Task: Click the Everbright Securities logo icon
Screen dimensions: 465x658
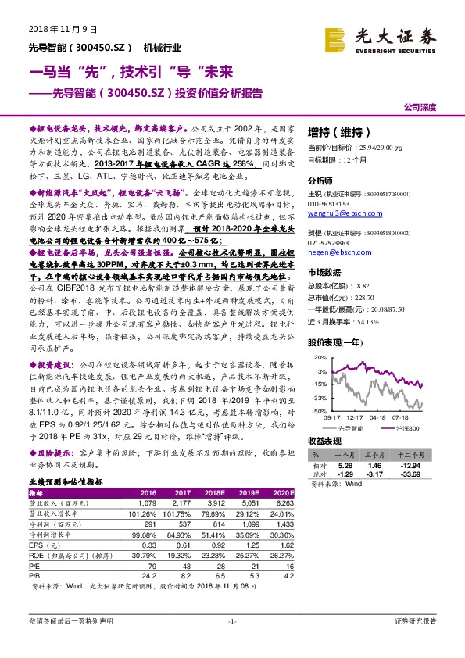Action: coord(337,36)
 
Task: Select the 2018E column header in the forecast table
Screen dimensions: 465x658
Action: coord(216,492)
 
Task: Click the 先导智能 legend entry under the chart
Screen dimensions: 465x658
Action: coord(351,429)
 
